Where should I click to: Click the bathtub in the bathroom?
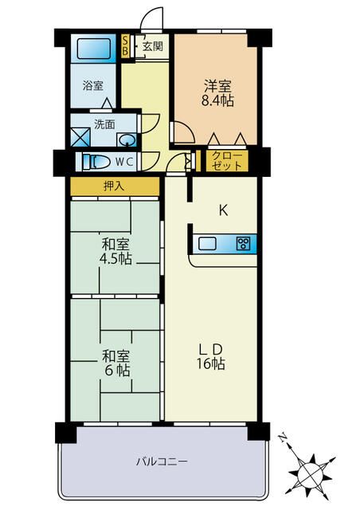coord(94,49)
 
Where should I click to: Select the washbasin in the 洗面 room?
coord(127,140)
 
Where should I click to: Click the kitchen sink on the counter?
coord(207,243)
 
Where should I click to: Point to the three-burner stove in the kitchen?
coord(244,243)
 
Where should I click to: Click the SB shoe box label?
coord(125,46)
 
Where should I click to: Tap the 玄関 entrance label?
coord(152,46)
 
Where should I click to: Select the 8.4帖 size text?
coord(217,100)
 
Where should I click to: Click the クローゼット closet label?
coord(227,161)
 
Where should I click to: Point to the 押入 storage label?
coord(114,186)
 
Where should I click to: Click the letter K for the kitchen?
coord(223,210)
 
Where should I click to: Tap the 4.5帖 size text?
coord(115,259)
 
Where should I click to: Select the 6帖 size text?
coord(117,371)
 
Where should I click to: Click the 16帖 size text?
coord(210,363)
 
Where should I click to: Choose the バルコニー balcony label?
coord(162,461)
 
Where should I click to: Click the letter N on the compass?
coord(282,437)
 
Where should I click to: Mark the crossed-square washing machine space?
coord(80,137)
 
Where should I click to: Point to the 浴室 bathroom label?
coord(92,85)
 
